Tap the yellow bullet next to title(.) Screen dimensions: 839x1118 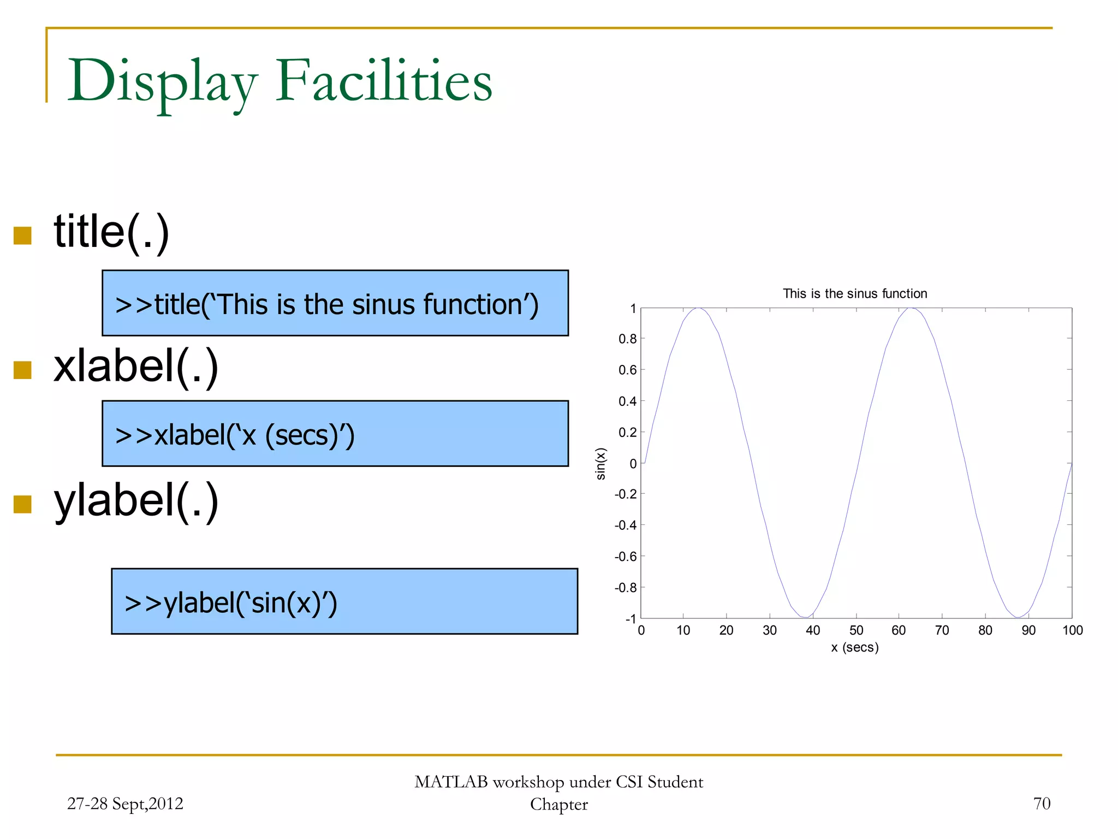click(22, 235)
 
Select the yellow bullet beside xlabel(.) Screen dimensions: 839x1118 click(22, 370)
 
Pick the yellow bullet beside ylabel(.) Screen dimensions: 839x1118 click(22, 504)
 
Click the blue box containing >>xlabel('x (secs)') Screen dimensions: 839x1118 click(335, 433)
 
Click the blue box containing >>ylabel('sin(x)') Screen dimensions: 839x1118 click(344, 601)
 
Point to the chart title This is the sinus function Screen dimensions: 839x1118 click(854, 293)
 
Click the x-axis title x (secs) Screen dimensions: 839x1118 click(854, 647)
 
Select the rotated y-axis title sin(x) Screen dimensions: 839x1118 click(601, 463)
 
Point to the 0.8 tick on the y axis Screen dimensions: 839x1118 click(627, 339)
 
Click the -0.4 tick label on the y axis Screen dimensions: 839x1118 click(625, 525)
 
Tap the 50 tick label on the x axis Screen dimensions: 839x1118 click(856, 630)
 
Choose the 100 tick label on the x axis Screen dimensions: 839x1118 click(1072, 630)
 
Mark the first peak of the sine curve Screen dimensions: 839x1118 click(698, 308)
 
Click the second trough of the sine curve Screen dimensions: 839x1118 click(1018, 617)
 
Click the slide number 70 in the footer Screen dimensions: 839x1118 click(1041, 803)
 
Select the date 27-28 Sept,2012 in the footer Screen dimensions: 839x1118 click(125, 803)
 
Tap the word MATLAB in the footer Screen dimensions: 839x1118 click(451, 782)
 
